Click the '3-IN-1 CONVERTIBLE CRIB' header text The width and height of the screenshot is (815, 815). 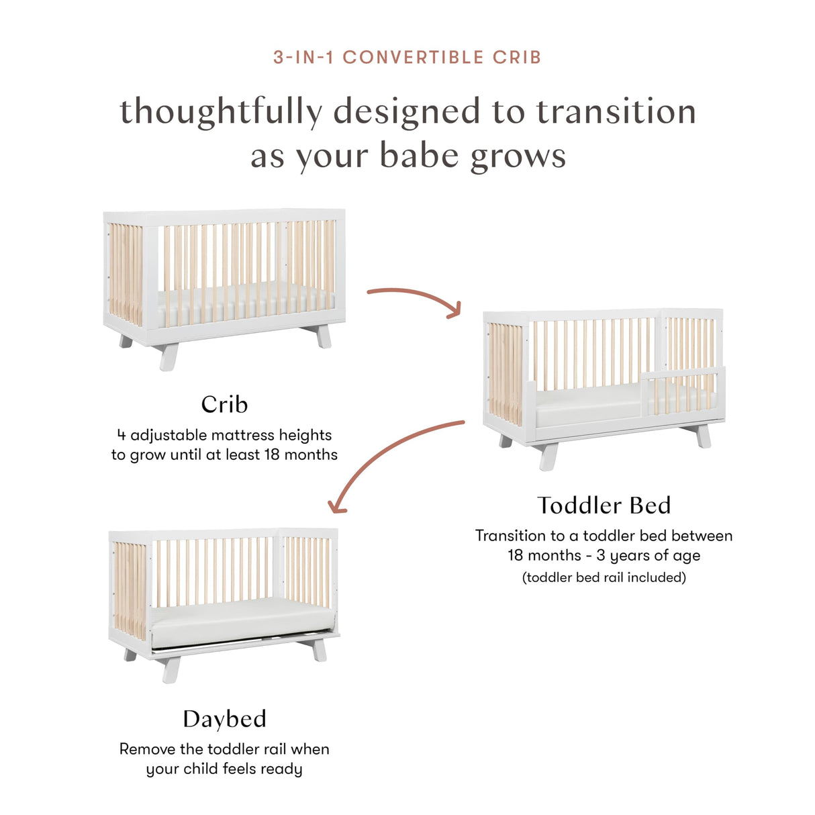[x=407, y=58]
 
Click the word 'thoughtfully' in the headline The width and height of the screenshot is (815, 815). [x=221, y=112]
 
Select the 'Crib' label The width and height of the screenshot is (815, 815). [x=224, y=404]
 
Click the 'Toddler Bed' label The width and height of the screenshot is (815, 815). [x=604, y=505]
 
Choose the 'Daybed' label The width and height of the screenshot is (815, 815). [x=224, y=719]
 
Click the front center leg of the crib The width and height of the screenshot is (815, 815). [x=168, y=356]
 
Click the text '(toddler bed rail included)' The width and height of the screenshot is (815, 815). [x=604, y=577]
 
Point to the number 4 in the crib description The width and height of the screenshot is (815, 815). [x=122, y=435]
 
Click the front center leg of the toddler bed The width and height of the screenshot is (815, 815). [x=548, y=457]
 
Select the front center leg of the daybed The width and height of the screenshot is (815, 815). [x=171, y=669]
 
